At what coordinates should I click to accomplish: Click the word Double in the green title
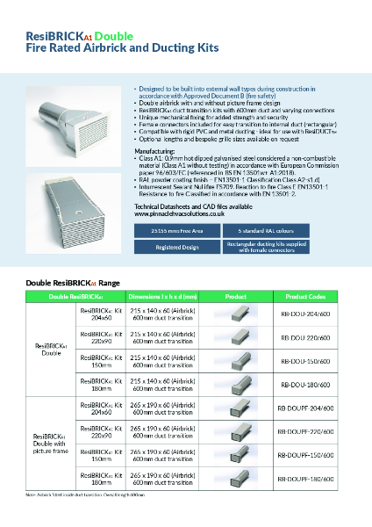[x=113, y=37]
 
